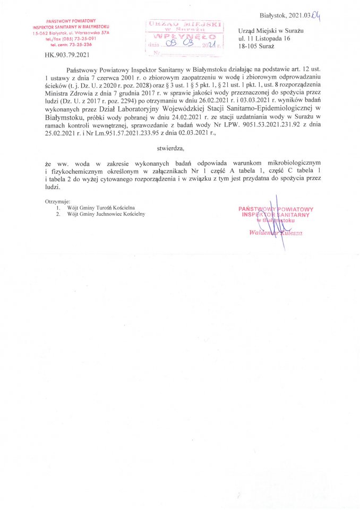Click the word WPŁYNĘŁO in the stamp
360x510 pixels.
click(184, 37)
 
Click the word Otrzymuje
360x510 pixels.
click(58, 202)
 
